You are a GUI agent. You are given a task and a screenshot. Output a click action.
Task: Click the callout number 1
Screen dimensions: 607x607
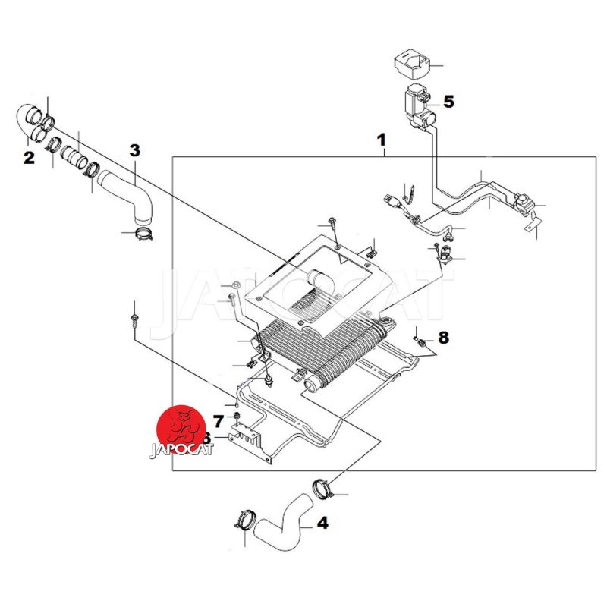382,140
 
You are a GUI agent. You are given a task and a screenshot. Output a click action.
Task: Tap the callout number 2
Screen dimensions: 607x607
29,159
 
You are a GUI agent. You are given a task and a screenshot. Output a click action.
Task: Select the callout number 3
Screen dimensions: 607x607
134,149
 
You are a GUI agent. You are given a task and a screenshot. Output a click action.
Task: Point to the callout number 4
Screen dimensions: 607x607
322,523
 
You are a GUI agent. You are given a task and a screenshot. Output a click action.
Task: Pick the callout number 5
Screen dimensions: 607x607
448,101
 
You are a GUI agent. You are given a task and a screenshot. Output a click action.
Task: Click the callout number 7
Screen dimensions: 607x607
219,420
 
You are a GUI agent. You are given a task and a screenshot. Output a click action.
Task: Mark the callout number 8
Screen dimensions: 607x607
444,336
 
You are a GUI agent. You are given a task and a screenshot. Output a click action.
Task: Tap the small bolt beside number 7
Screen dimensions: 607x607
237,419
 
